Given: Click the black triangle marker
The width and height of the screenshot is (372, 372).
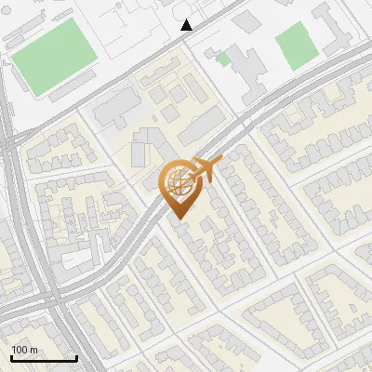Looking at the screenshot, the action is pos(187,25).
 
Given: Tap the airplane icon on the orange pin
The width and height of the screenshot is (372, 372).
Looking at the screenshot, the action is pos(204,171).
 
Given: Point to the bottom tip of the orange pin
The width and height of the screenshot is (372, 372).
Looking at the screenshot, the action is pos(178,219).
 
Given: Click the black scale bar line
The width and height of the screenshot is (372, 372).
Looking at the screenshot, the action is pos(43,359).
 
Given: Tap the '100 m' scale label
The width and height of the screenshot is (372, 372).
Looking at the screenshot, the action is pos(24,350).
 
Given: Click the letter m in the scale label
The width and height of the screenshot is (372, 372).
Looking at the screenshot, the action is pos(33,350).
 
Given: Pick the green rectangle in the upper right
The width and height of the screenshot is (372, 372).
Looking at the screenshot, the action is pos(296,46).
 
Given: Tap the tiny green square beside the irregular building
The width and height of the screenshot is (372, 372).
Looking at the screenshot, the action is pos(223,60).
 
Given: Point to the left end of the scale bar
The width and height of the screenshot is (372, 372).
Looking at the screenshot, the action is pos(11,359).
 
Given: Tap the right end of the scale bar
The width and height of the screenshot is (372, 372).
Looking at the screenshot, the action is pos(75,359).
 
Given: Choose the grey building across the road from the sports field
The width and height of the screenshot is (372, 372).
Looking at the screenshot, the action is pos(114,107).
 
